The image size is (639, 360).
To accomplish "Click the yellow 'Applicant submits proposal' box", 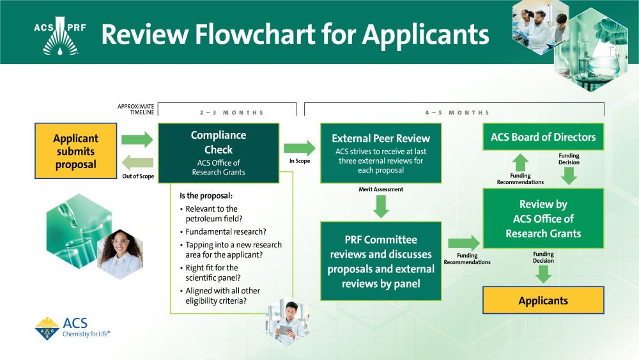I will pos(75,152).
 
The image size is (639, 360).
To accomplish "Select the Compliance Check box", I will pos(219,153).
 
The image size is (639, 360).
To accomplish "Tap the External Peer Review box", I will pos(381,153).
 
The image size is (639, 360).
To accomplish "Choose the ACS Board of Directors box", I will pos(543,137).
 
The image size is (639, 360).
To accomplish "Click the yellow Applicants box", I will pos(543,301).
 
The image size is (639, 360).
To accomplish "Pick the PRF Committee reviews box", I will pos(381,261).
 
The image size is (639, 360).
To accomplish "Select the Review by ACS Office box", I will pos(543,218).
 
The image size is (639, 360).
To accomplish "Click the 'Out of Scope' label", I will pos(138,176).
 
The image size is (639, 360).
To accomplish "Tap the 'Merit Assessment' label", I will pos(381,189).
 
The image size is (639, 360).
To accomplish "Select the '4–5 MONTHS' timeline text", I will pos(457,113).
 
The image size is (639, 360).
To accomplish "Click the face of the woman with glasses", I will pos(120,243).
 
